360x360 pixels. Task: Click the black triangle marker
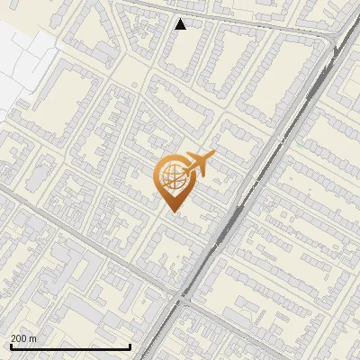point(181,24)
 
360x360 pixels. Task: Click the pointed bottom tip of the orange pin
point(171,212)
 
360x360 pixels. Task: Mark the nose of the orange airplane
point(214,157)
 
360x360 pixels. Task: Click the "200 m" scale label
point(22,338)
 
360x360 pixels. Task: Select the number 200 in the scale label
point(19,338)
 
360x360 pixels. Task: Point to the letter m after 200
point(32,338)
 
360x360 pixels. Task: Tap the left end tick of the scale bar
point(10,345)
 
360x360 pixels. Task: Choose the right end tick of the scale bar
point(130,345)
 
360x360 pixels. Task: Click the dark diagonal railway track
point(261,171)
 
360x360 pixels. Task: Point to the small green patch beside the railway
point(298,141)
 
